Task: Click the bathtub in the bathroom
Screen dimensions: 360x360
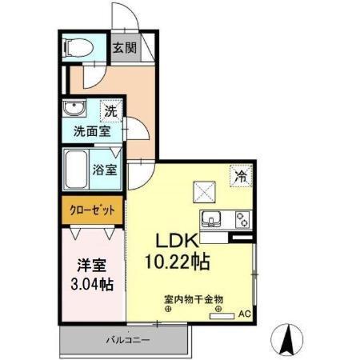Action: [79, 169]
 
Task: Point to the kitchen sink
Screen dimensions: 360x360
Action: [215, 218]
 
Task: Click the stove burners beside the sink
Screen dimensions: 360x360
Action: [240, 218]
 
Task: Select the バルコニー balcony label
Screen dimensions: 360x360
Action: [126, 341]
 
